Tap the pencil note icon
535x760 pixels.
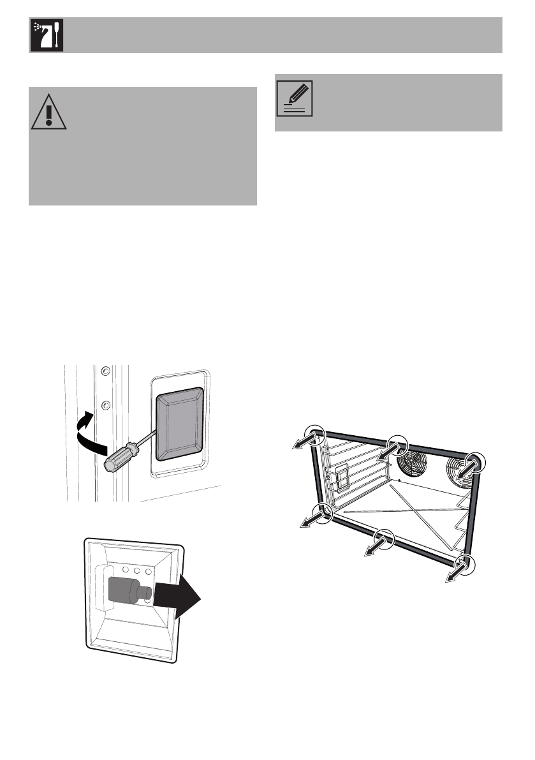[295, 98]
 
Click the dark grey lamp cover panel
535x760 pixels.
[180, 424]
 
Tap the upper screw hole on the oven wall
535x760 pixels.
[106, 371]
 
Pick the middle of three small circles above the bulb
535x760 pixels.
[138, 570]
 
